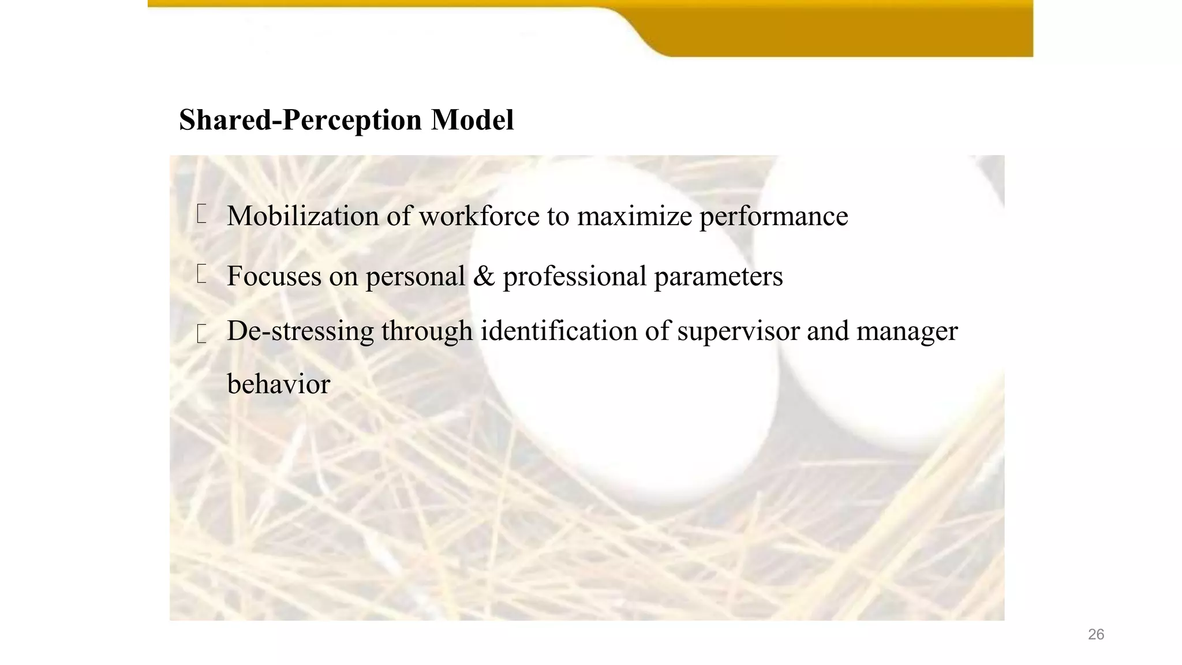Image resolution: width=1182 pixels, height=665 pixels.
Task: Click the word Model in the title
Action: tap(472, 120)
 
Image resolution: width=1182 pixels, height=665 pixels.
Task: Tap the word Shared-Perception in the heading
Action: tap(300, 120)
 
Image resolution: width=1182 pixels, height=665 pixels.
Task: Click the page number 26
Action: tap(1095, 634)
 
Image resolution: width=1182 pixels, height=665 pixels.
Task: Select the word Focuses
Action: tap(274, 276)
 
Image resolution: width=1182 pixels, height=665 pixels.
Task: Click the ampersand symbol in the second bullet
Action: tap(484, 276)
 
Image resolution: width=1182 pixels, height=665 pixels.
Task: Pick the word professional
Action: tap(574, 277)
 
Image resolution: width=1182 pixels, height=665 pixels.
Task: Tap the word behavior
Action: tap(278, 384)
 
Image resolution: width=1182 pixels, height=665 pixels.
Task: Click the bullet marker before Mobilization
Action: tap(201, 214)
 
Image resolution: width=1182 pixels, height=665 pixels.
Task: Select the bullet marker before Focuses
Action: tap(201, 274)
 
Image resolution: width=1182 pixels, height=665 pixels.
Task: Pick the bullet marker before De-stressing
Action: tap(201, 334)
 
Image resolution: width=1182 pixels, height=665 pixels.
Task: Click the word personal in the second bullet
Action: tap(415, 277)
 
